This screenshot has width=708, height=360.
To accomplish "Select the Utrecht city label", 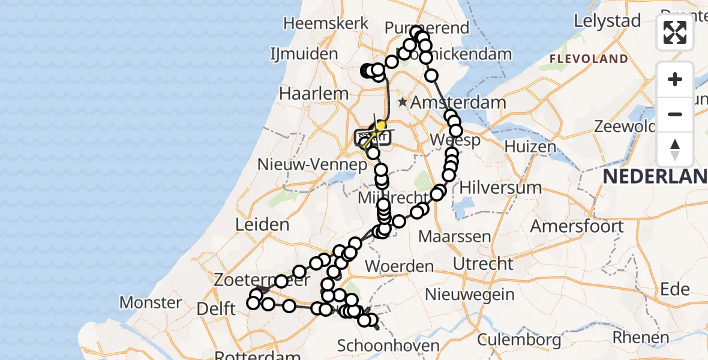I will point(483,263).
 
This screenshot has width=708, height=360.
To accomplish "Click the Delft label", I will point(215,309).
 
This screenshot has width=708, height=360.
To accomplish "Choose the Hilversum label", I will point(500,187).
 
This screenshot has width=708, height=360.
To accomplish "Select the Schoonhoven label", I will point(388,346).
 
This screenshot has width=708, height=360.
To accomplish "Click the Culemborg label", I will point(520,340).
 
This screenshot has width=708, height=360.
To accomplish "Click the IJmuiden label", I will point(304,54).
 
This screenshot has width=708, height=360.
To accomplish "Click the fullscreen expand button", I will point(675,32).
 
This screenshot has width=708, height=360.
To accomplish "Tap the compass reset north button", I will point(675,149).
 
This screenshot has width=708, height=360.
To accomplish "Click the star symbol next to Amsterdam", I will point(403,103).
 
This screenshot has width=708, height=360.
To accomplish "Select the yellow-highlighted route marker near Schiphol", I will point(380,125).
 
